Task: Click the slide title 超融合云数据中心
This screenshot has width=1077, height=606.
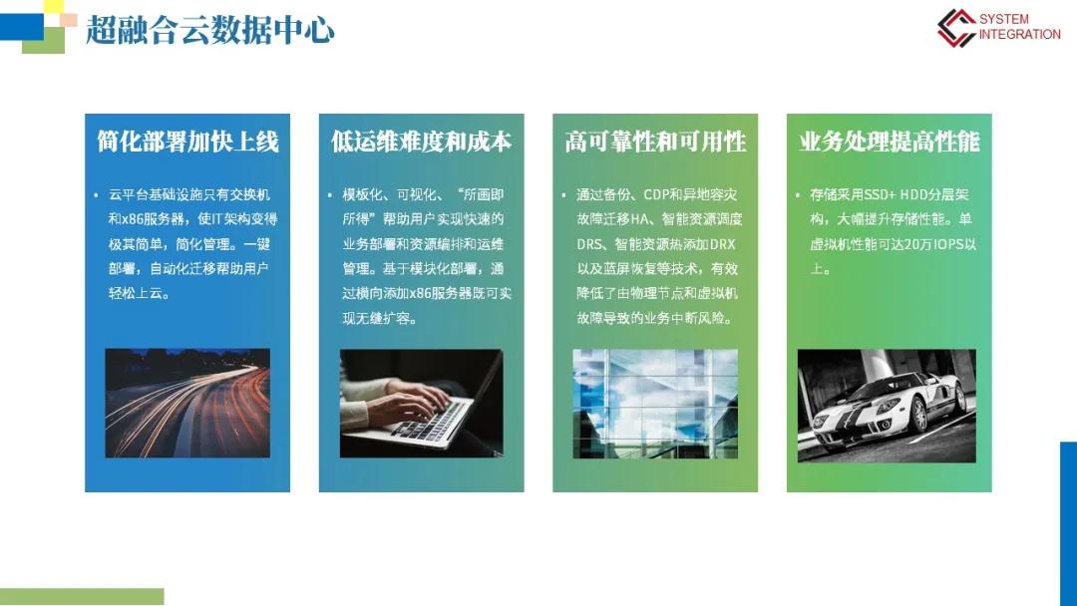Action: (x=210, y=30)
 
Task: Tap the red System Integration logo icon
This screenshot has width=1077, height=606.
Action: (x=956, y=28)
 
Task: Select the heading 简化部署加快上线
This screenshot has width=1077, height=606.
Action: (x=187, y=142)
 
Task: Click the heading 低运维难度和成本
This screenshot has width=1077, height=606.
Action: (x=421, y=142)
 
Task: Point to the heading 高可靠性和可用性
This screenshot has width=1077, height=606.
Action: (x=655, y=142)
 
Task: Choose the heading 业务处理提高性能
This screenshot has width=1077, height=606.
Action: (x=889, y=142)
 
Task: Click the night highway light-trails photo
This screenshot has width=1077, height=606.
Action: (x=187, y=403)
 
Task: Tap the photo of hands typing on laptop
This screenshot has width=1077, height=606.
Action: (x=421, y=403)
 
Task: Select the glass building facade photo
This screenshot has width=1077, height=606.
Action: (x=655, y=404)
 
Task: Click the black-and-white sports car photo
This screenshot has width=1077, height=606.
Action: (x=887, y=406)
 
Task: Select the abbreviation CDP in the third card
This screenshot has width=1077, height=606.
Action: (x=656, y=195)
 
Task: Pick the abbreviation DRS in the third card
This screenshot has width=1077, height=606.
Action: (x=589, y=244)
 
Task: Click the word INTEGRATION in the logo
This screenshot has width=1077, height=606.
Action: (x=1019, y=34)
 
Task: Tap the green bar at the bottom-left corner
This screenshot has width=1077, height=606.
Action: (x=82, y=596)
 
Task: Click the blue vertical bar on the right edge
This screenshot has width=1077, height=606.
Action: (x=1068, y=523)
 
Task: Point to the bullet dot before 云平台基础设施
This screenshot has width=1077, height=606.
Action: (x=96, y=195)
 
